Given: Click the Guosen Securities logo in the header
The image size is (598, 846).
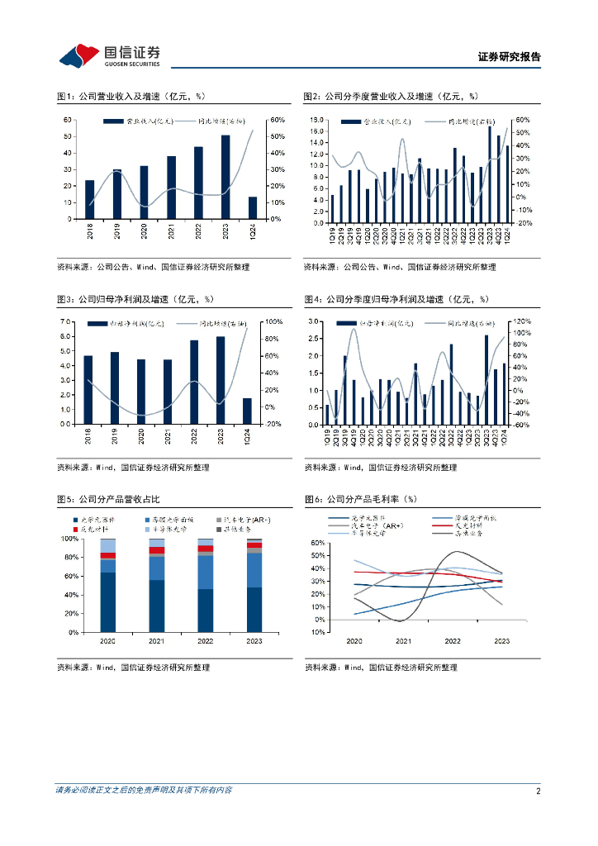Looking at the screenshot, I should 109,55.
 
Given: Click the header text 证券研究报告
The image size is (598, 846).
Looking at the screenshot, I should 510,57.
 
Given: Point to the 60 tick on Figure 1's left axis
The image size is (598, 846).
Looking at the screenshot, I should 67,120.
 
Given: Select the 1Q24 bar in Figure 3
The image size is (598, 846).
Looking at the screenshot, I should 247,411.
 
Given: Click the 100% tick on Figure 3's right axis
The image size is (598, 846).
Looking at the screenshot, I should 275,321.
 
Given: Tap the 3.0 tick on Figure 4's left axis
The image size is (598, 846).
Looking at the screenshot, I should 315,321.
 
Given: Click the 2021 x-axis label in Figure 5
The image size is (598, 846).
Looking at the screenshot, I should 156,640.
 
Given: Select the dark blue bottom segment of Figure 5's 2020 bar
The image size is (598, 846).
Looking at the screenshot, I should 108,601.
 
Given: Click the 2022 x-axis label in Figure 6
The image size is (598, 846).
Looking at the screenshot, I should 453,640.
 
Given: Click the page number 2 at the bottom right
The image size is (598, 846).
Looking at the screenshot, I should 538,791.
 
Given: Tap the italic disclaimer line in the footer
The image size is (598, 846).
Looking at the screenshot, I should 144,791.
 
